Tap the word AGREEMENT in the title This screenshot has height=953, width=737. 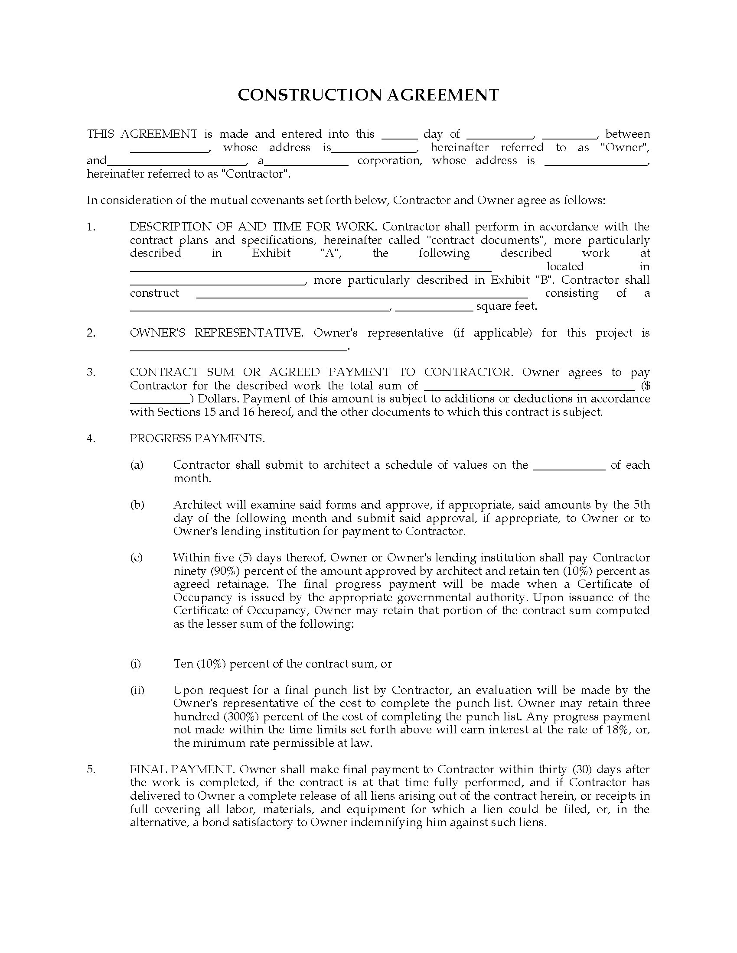pos(443,95)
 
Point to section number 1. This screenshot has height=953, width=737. pos(90,227)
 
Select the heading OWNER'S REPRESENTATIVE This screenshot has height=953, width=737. pos(216,333)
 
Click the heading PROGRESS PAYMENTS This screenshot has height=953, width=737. pos(197,438)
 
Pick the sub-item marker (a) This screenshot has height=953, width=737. pos(137,465)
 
